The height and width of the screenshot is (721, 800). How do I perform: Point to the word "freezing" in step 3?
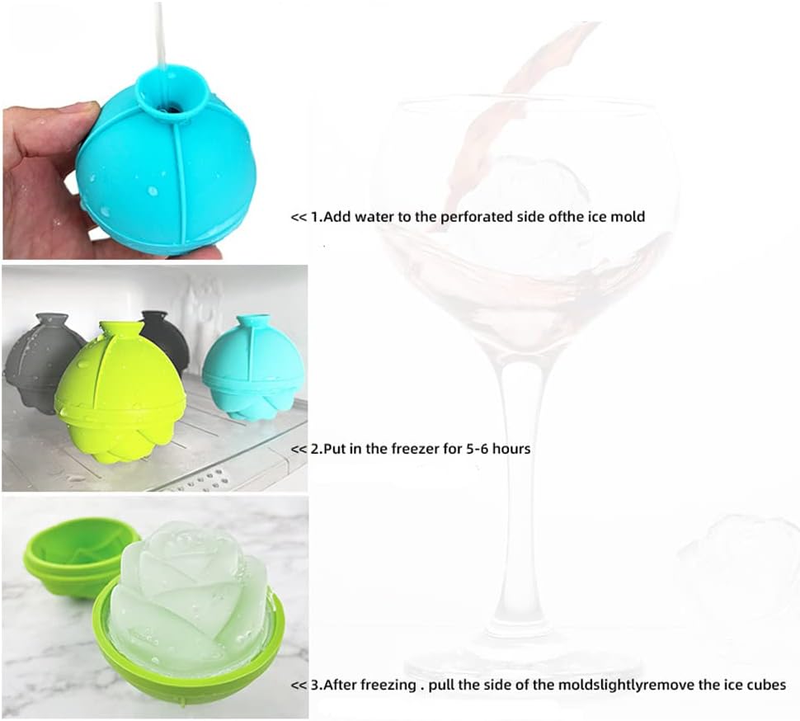(x=390, y=685)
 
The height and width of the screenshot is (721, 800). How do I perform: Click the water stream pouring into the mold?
(x=160, y=35)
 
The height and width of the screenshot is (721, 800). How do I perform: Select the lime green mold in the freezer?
(x=119, y=390)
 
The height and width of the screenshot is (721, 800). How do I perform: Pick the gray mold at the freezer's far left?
(x=44, y=360)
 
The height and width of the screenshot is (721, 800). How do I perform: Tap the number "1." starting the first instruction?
(x=318, y=217)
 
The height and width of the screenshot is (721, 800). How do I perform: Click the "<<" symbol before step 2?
(x=299, y=450)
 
